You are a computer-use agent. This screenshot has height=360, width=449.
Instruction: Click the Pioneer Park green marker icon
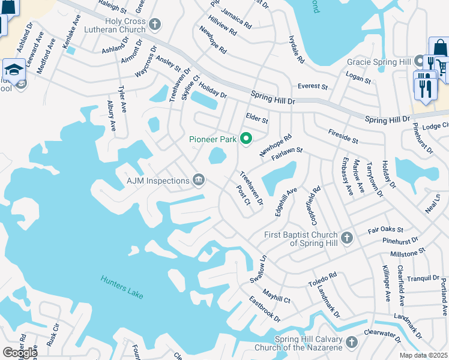tap(246, 139)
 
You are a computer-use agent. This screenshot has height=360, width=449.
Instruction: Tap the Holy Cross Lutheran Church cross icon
tap(155, 25)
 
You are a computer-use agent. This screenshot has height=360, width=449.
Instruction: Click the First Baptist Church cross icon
tap(346, 238)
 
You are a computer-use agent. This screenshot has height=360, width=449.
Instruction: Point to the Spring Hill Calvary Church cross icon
tap(351, 343)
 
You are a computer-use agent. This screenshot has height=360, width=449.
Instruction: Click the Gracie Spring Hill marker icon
tap(420, 62)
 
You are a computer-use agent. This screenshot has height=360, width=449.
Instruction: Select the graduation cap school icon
tap(13, 68)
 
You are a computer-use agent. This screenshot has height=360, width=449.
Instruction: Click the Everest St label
tap(313, 86)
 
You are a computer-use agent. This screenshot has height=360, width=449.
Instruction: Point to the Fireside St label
tap(343, 136)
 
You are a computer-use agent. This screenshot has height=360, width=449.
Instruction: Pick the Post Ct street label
tap(243, 194)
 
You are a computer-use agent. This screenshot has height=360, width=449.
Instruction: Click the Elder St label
tap(257, 118)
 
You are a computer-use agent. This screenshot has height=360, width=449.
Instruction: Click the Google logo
tap(19, 352)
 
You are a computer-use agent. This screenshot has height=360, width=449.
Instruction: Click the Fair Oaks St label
tap(385, 229)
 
